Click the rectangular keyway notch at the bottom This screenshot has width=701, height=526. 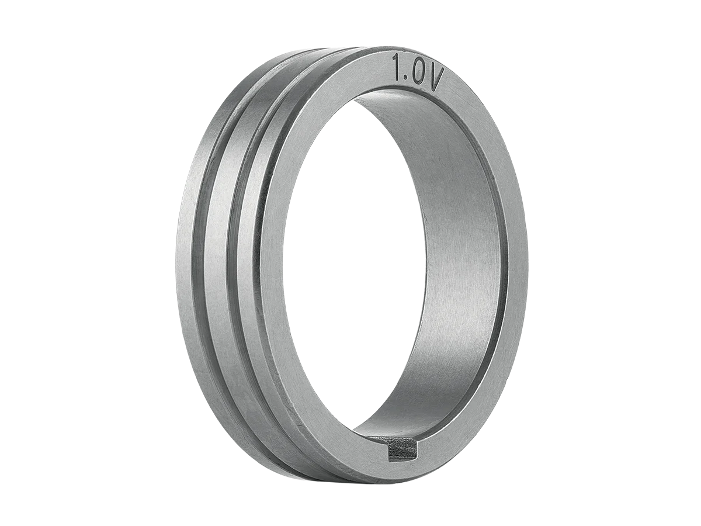tap(402, 450)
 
